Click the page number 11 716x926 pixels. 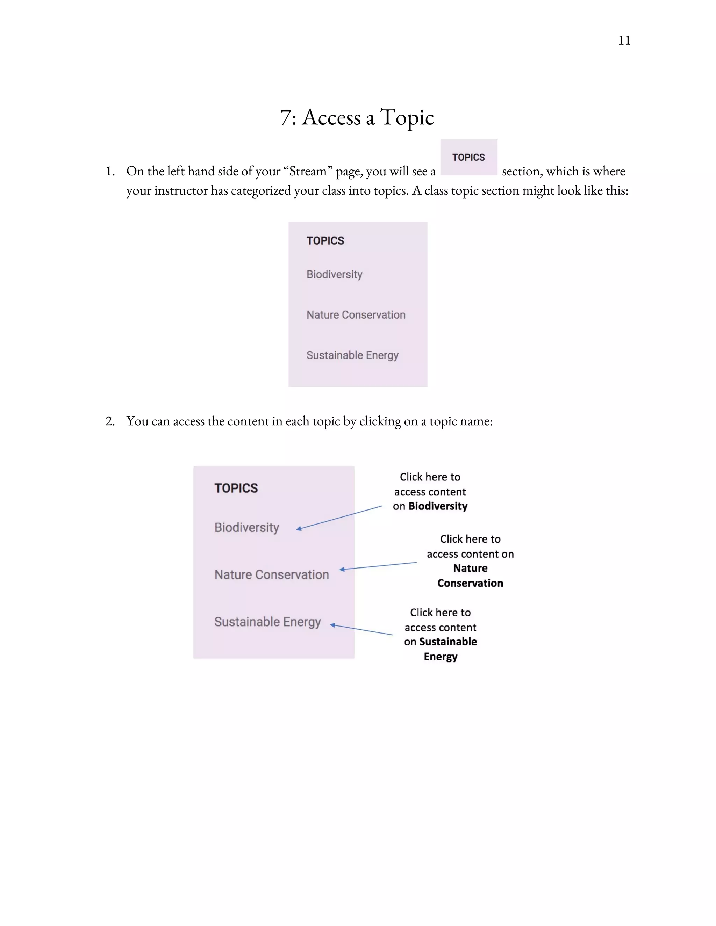(x=624, y=41)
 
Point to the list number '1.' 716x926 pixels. (x=110, y=171)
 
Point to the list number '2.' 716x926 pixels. (x=110, y=421)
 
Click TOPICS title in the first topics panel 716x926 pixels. (x=325, y=241)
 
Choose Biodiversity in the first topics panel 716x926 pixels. (x=334, y=274)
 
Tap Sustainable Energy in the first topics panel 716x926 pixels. (x=352, y=355)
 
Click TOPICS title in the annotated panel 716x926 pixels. (x=236, y=489)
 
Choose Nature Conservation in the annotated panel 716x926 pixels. (x=271, y=575)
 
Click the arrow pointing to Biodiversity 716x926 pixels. (x=339, y=517)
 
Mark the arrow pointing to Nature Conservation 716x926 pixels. (x=378, y=566)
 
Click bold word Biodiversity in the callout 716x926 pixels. (x=438, y=506)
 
